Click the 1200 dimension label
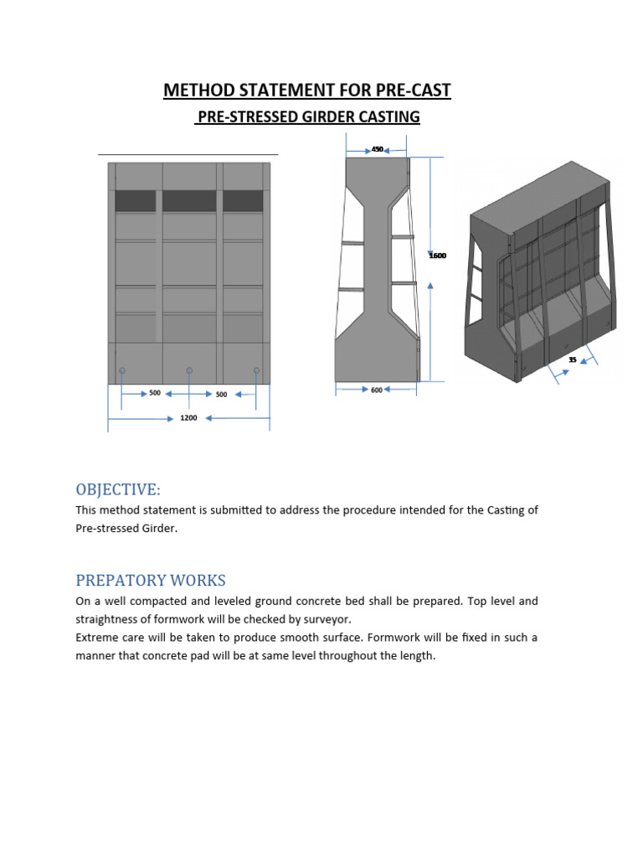(188, 418)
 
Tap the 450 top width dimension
(377, 149)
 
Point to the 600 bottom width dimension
(376, 390)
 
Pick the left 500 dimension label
(155, 392)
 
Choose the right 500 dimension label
(222, 393)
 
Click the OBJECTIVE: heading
(117, 489)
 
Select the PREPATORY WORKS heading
(151, 581)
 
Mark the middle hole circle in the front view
(189, 370)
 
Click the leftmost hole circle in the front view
(122, 370)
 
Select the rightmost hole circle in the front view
(256, 370)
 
